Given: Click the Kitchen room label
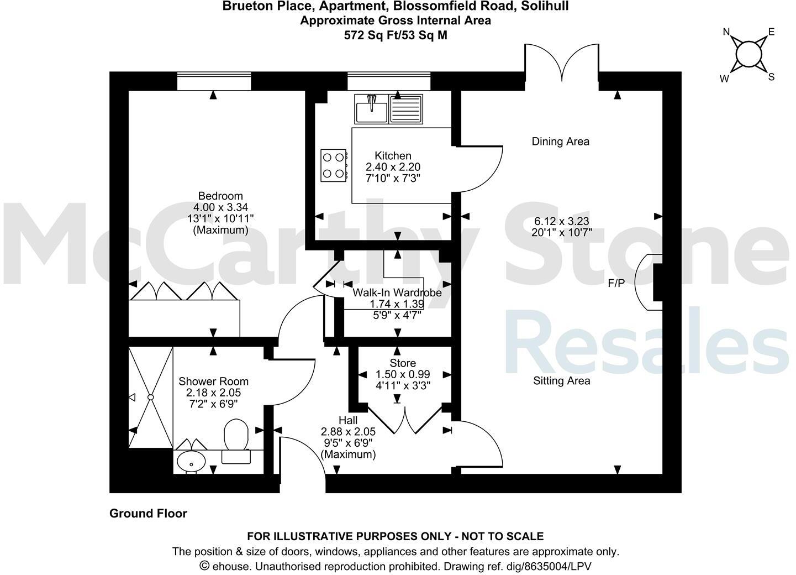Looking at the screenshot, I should [393, 156].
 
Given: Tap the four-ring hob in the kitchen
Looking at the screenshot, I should [334, 165].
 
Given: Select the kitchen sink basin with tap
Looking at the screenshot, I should [372, 109].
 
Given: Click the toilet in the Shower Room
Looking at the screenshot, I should [236, 440].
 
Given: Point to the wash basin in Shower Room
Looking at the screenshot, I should [191, 461].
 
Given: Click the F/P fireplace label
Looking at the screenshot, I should [616, 284].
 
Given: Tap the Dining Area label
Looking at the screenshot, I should [560, 142].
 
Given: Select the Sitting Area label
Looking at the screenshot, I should [561, 381].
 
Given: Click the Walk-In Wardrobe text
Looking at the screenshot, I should [397, 292].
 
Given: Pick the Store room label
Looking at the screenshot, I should [403, 363].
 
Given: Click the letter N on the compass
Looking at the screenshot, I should [727, 32].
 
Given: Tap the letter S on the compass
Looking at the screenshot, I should [771, 77].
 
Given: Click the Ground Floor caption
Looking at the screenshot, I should [148, 514].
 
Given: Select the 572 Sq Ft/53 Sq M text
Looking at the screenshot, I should [395, 35].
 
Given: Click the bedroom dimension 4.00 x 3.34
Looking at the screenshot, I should [220, 207].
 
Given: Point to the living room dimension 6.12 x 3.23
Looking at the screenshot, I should [561, 221].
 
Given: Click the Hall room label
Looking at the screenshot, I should [348, 421].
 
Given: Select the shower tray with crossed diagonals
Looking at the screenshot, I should [151, 397].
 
